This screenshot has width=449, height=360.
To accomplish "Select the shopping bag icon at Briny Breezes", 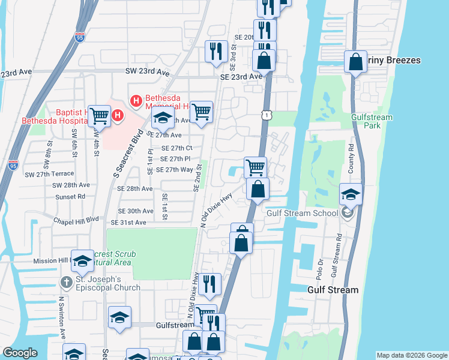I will [x=355, y=61].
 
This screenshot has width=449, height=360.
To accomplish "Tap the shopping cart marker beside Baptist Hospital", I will [x=100, y=116].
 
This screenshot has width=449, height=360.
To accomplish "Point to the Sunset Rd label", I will [x=69, y=197].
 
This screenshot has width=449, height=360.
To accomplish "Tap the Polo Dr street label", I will [x=319, y=268].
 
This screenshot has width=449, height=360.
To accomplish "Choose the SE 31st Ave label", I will [x=132, y=223].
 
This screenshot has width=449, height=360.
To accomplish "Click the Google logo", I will [x=20, y=353].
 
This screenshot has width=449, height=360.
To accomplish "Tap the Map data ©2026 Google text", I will [x=411, y=355].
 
